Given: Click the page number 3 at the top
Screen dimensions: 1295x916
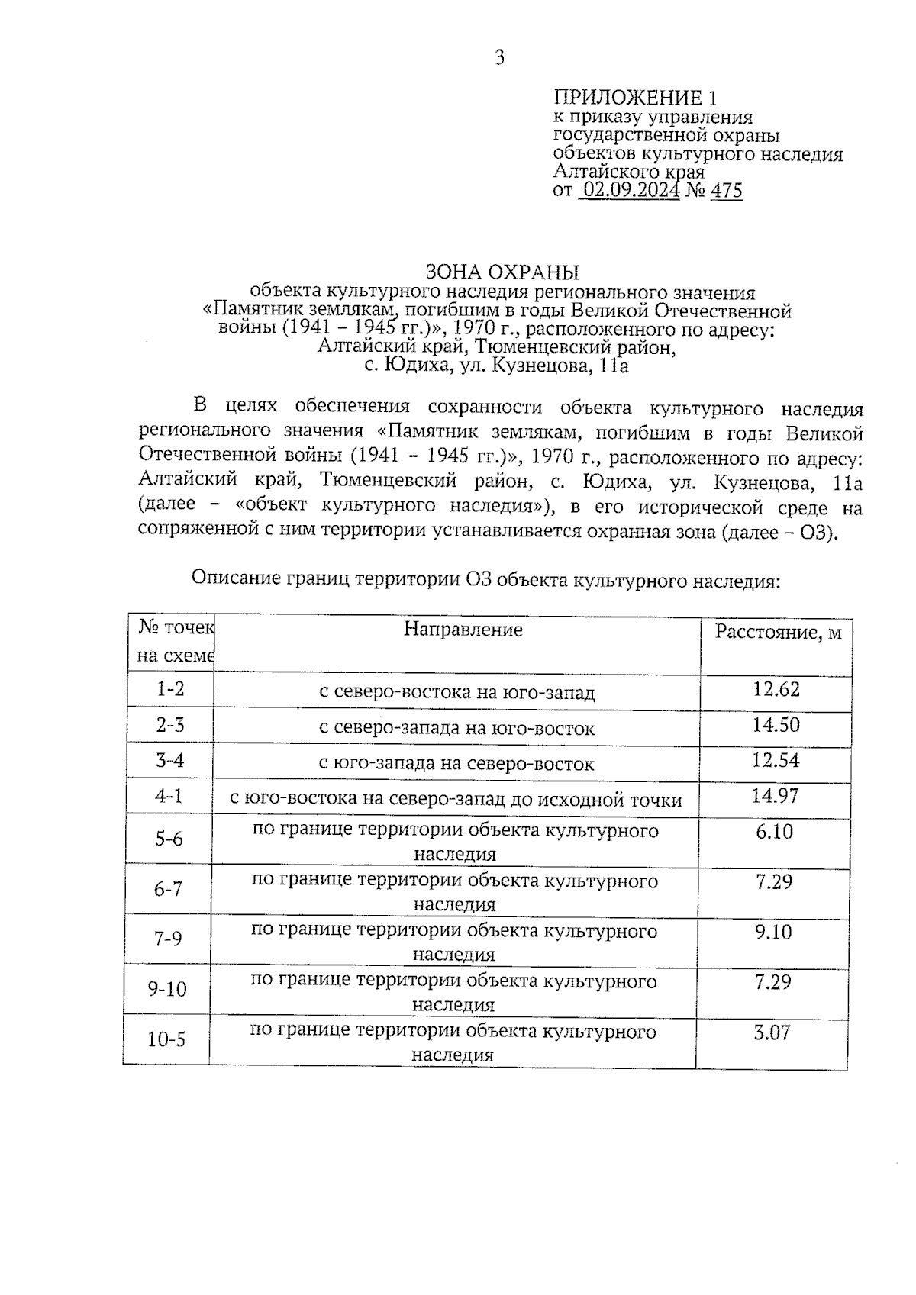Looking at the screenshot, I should (x=499, y=58).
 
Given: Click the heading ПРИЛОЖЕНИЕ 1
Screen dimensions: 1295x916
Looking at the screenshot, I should (x=635, y=98).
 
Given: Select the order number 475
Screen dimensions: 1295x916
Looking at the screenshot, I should (x=726, y=190).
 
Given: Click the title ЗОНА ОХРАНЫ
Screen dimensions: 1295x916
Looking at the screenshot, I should (x=502, y=272).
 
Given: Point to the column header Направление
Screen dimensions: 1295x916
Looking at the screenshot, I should (x=463, y=630).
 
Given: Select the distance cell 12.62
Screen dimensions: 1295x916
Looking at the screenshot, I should (x=776, y=690).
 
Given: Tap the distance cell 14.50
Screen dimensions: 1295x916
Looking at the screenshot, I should (x=776, y=725).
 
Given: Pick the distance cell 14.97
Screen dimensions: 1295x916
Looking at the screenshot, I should (x=775, y=796).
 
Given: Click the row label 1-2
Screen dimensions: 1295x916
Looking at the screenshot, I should (x=170, y=689).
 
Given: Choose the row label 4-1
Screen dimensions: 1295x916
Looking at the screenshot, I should (x=169, y=797).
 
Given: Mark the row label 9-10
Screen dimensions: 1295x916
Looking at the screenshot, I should (x=167, y=989).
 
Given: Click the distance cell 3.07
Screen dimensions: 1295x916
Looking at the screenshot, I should (x=772, y=1033).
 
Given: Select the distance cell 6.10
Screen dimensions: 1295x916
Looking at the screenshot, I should (x=774, y=832).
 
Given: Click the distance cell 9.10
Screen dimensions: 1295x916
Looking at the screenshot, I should (x=773, y=932).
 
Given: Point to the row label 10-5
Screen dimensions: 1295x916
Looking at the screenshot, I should (x=166, y=1039).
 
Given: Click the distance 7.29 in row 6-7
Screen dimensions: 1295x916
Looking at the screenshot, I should (x=773, y=882).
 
